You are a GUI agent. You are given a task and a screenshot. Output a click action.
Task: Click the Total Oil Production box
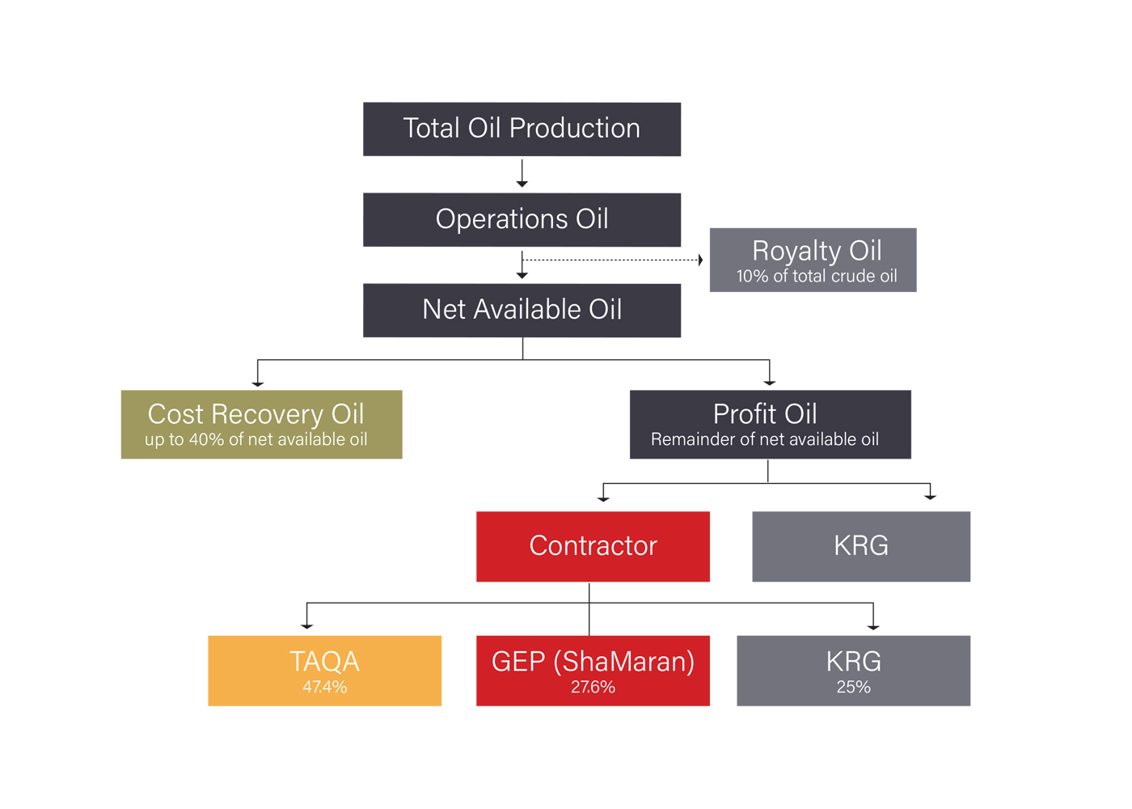pyautogui.click(x=522, y=129)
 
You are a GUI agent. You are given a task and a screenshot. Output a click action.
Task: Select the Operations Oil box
pyautogui.click(x=522, y=220)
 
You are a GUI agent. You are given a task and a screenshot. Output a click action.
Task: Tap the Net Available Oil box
pyautogui.click(x=522, y=311)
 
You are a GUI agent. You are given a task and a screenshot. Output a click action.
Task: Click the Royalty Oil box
pyautogui.click(x=813, y=260)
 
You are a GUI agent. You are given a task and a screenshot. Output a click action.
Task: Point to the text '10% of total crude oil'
pyautogui.click(x=817, y=276)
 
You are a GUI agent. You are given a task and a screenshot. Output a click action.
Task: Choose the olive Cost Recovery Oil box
pyautogui.click(x=262, y=425)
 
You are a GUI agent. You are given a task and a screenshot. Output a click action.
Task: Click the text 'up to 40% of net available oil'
pyautogui.click(x=256, y=439)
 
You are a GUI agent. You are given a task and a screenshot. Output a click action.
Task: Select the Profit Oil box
pyautogui.click(x=771, y=425)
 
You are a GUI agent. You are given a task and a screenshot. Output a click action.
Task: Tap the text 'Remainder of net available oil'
pyautogui.click(x=765, y=439)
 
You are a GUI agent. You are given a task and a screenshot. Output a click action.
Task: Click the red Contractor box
pyautogui.click(x=593, y=547)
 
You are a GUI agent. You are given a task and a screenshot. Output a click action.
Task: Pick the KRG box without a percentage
pyautogui.click(x=862, y=547)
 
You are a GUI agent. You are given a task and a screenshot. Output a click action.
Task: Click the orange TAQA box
pyautogui.click(x=325, y=671)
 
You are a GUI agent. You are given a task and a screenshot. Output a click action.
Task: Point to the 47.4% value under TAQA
pyautogui.click(x=325, y=687)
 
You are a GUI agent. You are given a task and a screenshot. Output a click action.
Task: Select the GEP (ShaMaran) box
pyautogui.click(x=593, y=671)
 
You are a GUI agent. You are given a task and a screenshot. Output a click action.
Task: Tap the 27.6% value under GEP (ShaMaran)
pyautogui.click(x=593, y=687)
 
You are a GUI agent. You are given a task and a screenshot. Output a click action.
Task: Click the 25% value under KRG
pyautogui.click(x=854, y=687)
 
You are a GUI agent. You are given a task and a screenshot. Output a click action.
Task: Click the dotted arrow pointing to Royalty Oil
pyautogui.click(x=613, y=260)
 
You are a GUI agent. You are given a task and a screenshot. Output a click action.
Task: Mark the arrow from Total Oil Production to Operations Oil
pyautogui.click(x=522, y=173)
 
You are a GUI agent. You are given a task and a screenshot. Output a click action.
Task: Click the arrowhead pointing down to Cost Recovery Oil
pyautogui.click(x=258, y=385)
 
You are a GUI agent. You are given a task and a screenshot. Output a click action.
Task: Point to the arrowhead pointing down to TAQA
pyautogui.click(x=306, y=627)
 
